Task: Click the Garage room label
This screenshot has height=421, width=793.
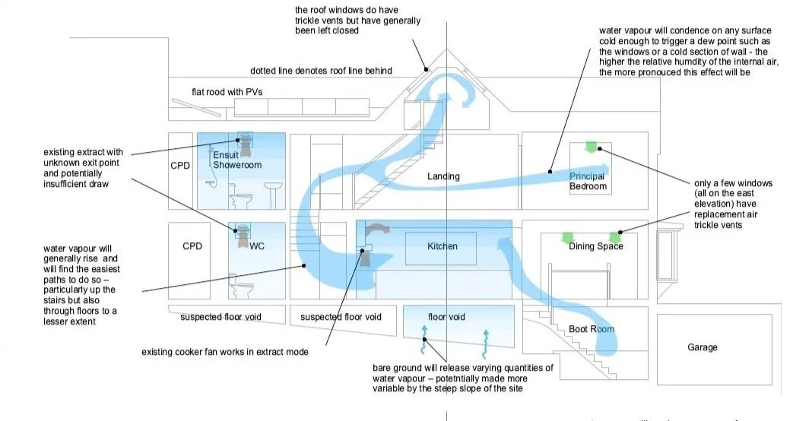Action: point(702,347)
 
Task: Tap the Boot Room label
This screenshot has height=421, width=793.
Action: point(592,329)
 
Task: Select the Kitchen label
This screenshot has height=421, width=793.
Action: point(441,247)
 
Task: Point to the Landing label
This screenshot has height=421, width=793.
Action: point(443,176)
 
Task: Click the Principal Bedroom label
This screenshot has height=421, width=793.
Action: point(588,182)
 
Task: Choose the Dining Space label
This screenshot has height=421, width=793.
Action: point(596,246)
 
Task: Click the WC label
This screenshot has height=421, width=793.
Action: point(257,246)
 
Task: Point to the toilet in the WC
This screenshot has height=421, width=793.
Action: point(243,286)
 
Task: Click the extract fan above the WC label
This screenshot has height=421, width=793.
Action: point(244,231)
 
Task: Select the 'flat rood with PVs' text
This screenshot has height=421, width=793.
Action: point(227,93)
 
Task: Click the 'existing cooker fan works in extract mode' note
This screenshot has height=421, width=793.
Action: point(225,352)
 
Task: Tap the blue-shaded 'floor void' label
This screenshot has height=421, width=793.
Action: point(446,316)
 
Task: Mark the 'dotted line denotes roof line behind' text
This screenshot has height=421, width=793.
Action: point(321,71)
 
